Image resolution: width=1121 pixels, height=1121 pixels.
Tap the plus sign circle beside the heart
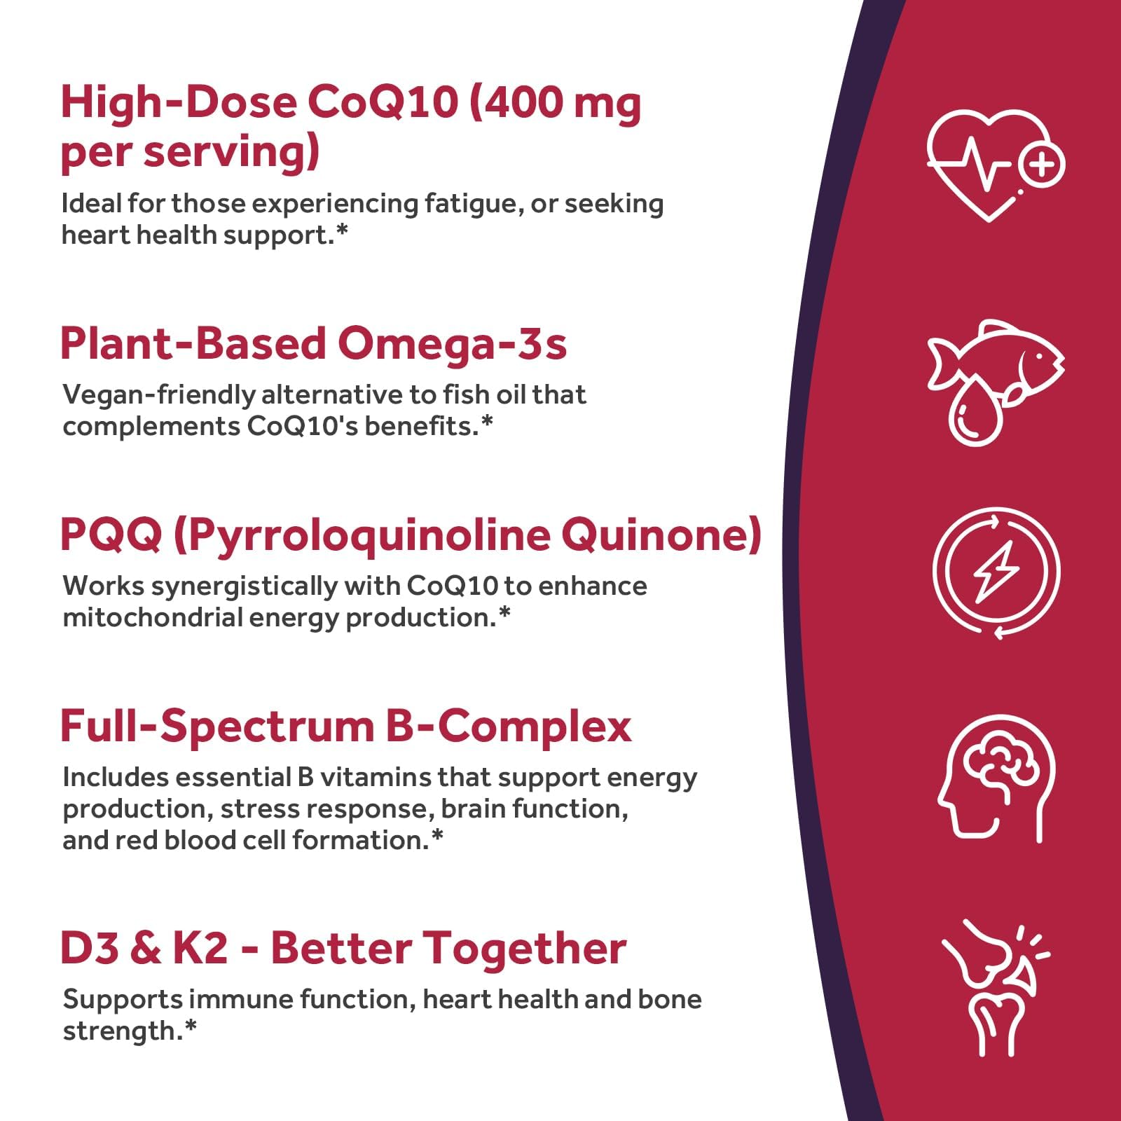(1042, 165)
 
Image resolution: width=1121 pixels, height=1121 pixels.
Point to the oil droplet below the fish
(976, 413)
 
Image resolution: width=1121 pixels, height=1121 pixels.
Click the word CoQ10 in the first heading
(383, 102)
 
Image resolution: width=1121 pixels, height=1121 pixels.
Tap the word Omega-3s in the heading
(452, 344)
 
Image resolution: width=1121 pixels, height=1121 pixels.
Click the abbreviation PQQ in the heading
(111, 535)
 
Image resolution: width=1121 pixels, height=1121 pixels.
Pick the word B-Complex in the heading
(509, 727)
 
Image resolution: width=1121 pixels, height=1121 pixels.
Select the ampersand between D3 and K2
(144, 948)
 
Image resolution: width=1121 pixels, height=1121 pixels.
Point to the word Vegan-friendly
(159, 395)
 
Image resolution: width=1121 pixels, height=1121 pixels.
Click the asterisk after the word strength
(191, 1026)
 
